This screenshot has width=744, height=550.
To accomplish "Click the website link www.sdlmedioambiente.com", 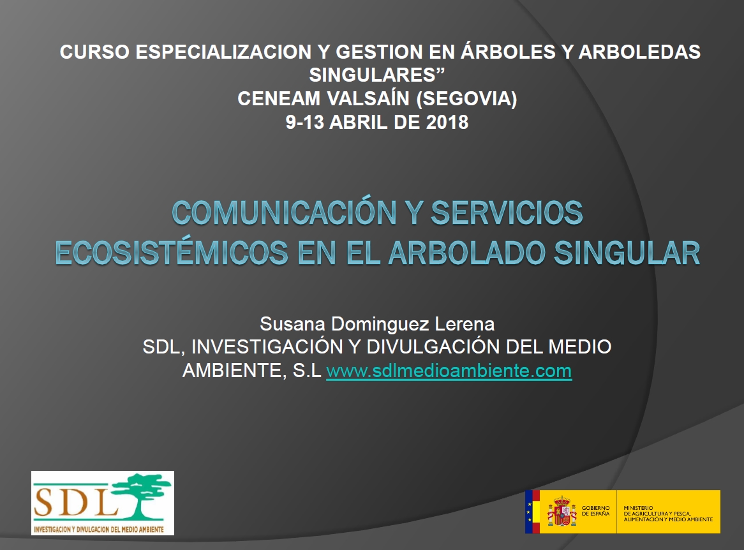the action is point(449,371).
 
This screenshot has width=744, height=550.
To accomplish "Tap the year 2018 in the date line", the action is point(447,122).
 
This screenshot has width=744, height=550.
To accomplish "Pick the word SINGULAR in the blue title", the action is point(627,253).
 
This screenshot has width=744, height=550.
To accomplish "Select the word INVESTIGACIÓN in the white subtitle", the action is point(267,346).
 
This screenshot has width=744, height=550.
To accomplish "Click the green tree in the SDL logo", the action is point(140,496).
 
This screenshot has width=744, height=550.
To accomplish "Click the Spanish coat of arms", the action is point(562,511).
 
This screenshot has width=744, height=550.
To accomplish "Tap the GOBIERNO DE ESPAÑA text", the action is point(595,510).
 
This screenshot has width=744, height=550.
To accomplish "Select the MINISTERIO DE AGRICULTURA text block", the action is point(668,514).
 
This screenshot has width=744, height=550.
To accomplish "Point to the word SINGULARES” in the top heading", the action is point(377,75).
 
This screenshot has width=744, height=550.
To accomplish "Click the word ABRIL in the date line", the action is point(359,122).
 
